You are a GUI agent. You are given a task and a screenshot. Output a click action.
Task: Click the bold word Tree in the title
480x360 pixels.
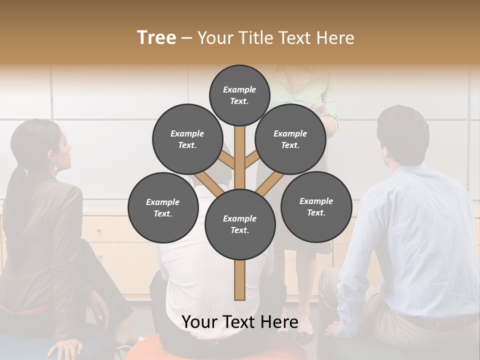pyautogui.click(x=156, y=37)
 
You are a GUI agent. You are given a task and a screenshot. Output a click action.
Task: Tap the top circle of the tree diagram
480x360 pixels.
pyautogui.click(x=239, y=95)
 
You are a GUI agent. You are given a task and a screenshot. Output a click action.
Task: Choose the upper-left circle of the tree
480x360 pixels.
pyautogui.click(x=187, y=139)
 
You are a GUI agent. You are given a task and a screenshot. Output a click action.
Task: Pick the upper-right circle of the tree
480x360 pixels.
pyautogui.click(x=290, y=139)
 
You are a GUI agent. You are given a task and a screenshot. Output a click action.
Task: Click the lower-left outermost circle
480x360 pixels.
pyautogui.click(x=163, y=208)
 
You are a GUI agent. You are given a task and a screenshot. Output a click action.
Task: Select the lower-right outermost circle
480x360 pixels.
pyautogui.click(x=316, y=207)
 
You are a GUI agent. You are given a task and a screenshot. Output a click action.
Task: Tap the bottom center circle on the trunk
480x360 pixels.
pyautogui.click(x=240, y=224)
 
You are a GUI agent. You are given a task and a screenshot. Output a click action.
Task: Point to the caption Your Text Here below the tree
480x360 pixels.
pyautogui.click(x=240, y=322)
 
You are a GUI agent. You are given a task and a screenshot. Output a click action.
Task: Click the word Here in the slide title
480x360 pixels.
pyautogui.click(x=335, y=38)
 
